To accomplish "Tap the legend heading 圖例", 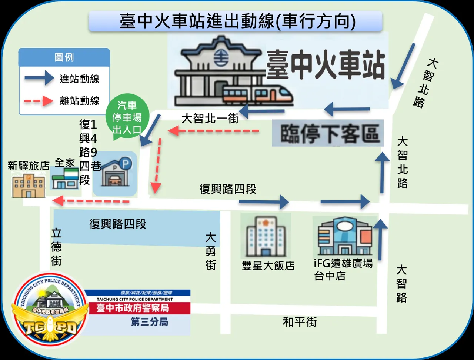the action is coord(64,57).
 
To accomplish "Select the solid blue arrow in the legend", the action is coord(39,79).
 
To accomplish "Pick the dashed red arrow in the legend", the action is coord(39,101).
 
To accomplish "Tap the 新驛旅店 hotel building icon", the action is coord(28,186).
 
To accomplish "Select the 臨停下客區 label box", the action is coord(328,133).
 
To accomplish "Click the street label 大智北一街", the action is coord(210,119).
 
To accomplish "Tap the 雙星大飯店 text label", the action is coord(268,266).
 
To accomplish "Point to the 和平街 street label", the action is coord(300,322).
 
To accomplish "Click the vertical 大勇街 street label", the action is coord(211,251).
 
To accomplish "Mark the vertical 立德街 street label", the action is coord(57,247).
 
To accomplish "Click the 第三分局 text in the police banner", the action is coord(150,321).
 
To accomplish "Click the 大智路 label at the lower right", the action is coord(401,284).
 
